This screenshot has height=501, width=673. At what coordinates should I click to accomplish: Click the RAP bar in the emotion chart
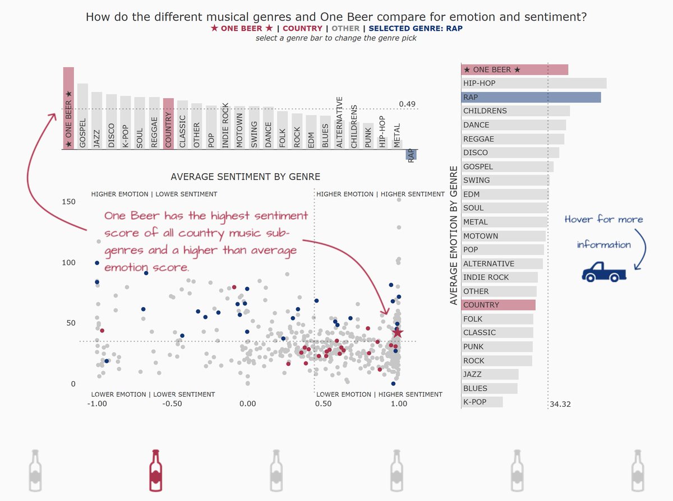coord(531,98)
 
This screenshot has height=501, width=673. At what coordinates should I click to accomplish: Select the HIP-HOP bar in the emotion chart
coord(533,83)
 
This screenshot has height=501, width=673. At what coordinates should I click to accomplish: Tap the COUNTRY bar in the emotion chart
coord(498,305)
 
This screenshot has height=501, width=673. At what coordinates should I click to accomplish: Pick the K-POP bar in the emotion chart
coord(482,402)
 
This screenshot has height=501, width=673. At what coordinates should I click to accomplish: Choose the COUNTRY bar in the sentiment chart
coord(168,124)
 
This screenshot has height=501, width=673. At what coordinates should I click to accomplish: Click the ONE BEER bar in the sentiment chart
coord(68,108)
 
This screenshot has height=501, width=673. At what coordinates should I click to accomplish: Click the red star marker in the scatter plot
coord(397,332)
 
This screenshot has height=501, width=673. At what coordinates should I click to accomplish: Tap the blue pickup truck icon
coord(604,272)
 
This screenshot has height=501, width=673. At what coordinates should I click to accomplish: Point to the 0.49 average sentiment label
coord(407,104)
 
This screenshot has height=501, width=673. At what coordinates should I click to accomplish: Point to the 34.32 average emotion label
coord(560,404)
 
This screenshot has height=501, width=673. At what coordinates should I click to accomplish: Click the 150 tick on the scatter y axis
coord(69,201)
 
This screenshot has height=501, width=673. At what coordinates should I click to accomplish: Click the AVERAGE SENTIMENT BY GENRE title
coord(245,177)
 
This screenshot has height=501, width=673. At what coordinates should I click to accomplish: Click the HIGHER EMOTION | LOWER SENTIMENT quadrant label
coord(154,194)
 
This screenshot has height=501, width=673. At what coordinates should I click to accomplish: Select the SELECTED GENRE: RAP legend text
coord(416,29)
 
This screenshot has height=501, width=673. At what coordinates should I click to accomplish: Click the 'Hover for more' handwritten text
coord(603,220)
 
